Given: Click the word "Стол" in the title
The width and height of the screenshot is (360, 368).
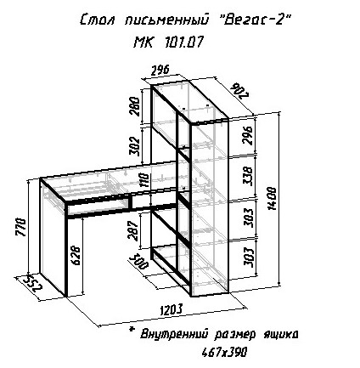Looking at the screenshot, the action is click(x=97, y=20).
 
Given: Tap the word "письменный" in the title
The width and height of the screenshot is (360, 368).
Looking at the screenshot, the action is click(x=166, y=20).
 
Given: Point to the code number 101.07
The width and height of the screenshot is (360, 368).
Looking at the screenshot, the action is click(x=183, y=42).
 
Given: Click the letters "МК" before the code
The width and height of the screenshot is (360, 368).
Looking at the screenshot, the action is click(x=143, y=42).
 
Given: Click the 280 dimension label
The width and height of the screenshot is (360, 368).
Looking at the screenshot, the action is click(x=134, y=106).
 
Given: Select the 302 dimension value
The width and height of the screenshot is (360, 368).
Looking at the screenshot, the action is click(x=134, y=146).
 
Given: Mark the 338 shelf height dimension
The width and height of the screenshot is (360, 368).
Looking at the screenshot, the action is click(x=248, y=176).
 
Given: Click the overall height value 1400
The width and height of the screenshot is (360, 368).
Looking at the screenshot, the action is click(x=272, y=198).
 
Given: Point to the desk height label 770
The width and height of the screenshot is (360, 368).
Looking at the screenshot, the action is click(x=21, y=227).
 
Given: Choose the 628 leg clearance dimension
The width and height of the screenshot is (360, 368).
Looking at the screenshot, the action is click(x=75, y=255).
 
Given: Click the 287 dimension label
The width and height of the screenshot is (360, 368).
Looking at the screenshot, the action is click(x=133, y=230).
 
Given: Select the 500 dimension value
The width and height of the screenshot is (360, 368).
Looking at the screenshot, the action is click(x=139, y=261).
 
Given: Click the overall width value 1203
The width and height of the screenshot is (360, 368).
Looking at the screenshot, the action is click(x=172, y=309).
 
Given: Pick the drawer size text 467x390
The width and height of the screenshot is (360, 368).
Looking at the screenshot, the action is click(x=224, y=353).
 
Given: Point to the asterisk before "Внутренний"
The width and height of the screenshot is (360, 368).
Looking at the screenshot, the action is click(x=132, y=329).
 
